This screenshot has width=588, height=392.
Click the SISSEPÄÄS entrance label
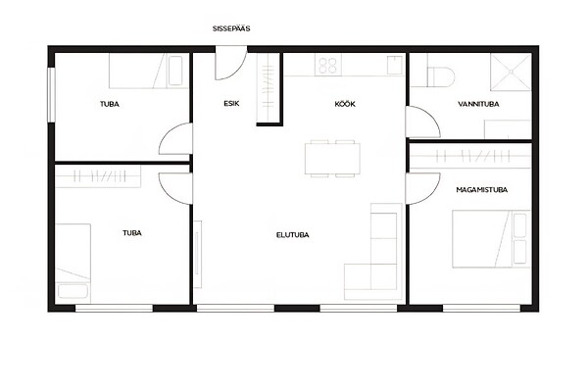point(231,28)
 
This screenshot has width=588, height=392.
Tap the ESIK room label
point(231,104)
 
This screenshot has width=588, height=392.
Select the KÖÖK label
point(345,104)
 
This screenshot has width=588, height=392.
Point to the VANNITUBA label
point(478,104)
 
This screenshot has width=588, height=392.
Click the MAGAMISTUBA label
point(481,190)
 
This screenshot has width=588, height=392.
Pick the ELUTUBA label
point(292,235)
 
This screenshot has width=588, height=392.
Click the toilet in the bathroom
point(441,76)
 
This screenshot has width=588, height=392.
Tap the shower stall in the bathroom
point(511,72)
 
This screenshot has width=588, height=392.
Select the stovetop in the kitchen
point(328,66)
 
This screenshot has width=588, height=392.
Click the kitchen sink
point(395,65)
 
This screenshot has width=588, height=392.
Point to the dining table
point(332,159)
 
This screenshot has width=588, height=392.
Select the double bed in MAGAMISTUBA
point(491,239)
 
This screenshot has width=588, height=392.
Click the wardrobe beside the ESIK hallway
point(269,88)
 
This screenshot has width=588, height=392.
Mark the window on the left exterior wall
point(51,94)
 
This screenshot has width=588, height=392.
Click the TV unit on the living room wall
point(198,255)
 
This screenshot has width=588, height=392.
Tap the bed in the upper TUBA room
point(149,71)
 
